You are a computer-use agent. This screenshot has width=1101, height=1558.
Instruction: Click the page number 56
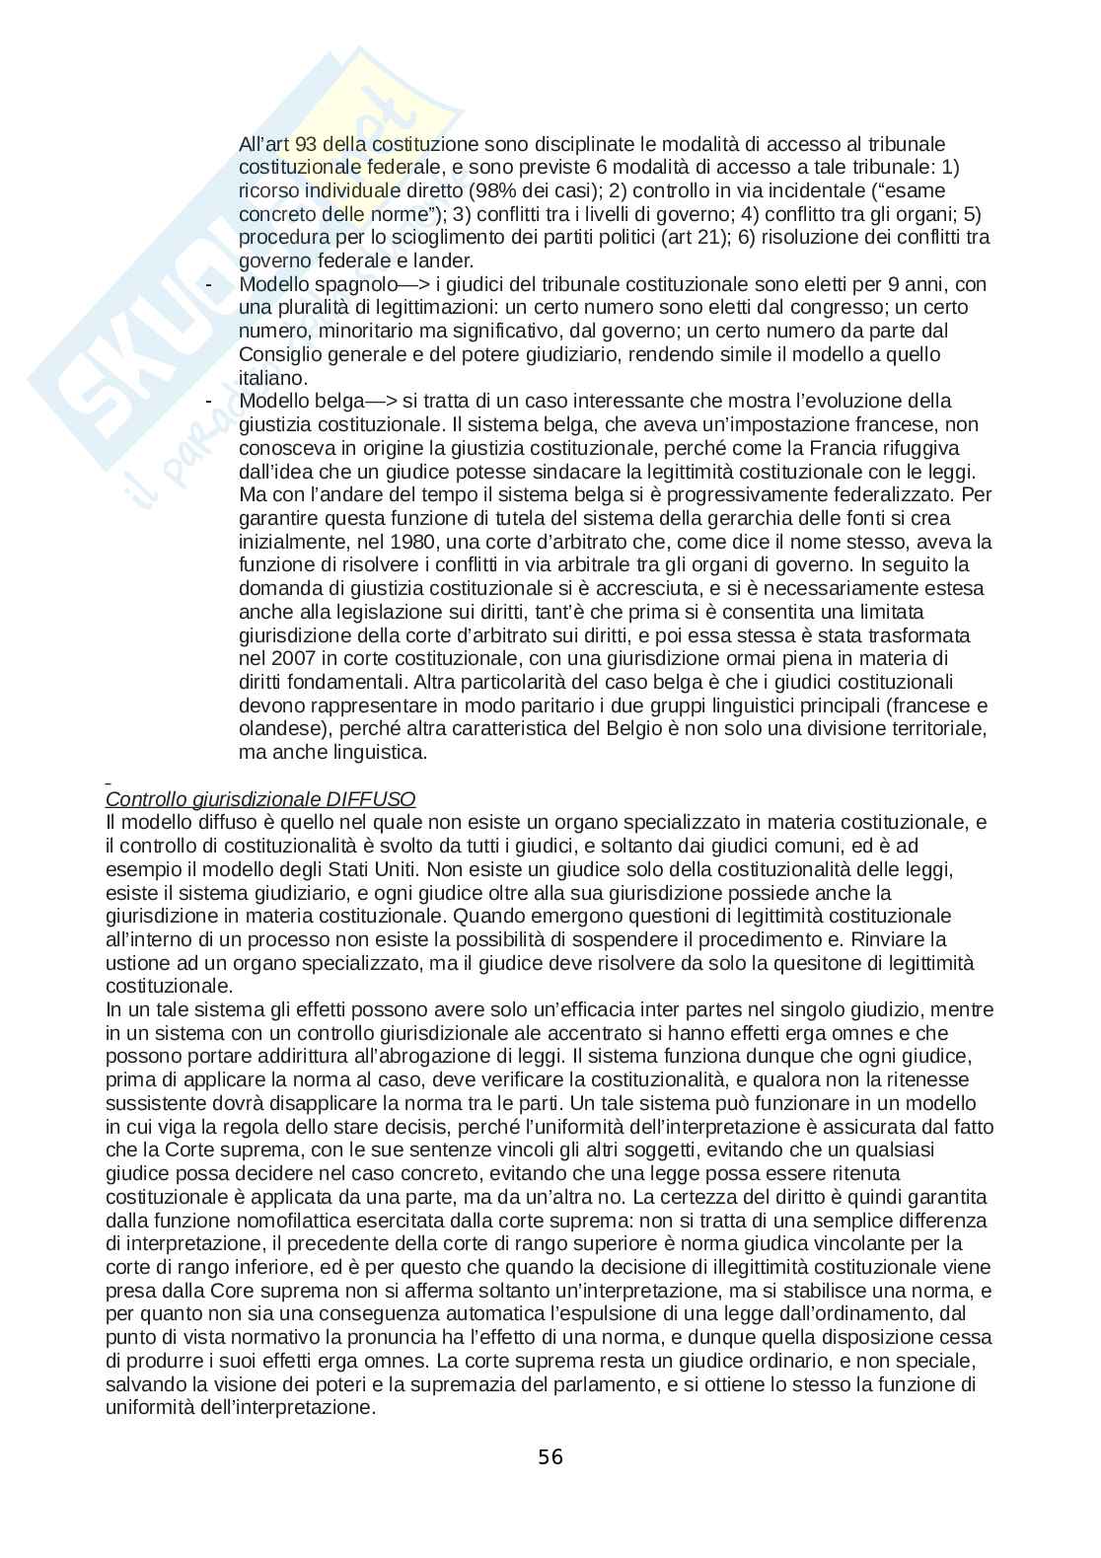(550, 1456)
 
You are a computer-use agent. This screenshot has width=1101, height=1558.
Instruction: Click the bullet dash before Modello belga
(208, 401)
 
